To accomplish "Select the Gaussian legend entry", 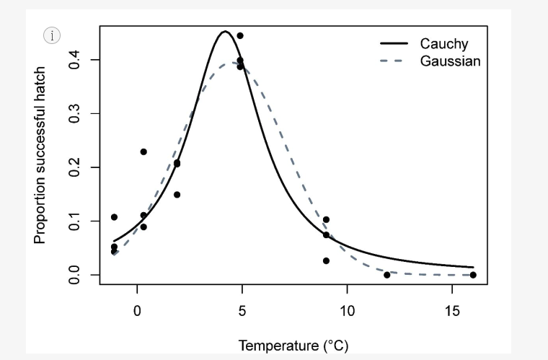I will coord(450,61).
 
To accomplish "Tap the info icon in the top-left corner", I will coord(52,35).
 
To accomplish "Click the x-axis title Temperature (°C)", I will coord(293,346).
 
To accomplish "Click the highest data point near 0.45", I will coord(240,35).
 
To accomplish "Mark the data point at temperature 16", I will coord(473,275).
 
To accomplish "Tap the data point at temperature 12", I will coord(387,275).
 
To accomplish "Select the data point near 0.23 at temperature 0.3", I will coord(143,152).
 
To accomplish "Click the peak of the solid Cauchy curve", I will coord(225,32).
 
